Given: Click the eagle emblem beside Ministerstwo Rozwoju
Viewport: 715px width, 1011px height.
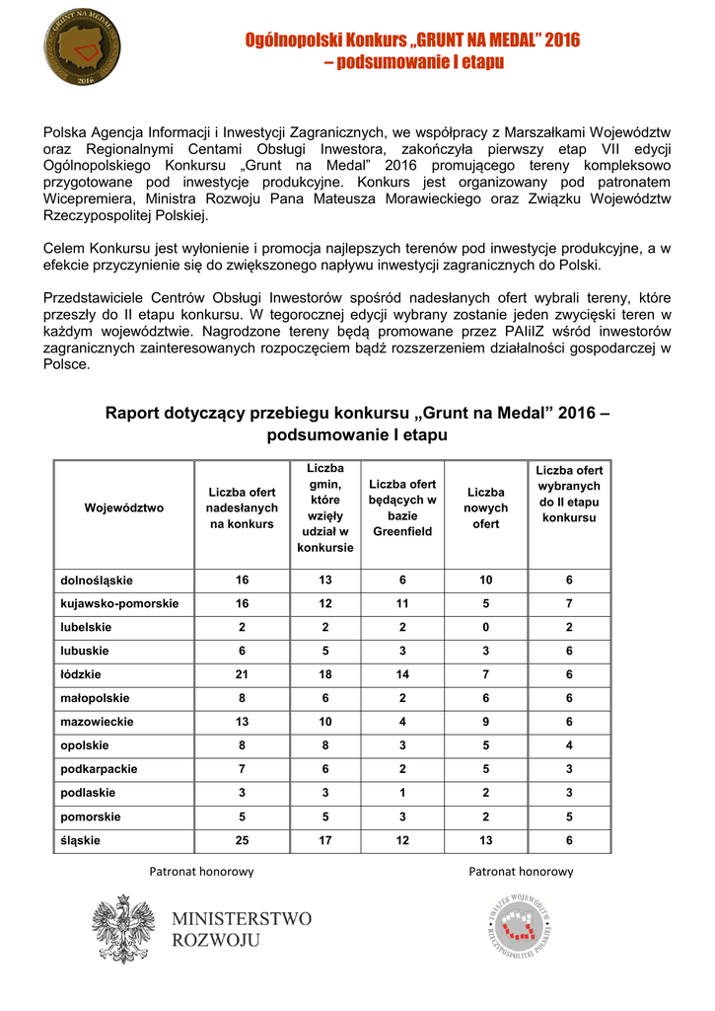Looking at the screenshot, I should [123, 928].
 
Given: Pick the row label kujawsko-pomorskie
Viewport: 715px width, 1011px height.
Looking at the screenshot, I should [119, 603].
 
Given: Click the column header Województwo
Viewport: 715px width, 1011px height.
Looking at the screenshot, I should [124, 507].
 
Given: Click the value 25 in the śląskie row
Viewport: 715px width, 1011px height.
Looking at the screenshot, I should [242, 840].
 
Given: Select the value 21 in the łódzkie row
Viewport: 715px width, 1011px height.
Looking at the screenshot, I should [242, 674].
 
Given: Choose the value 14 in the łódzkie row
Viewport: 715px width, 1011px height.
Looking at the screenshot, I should [402, 674].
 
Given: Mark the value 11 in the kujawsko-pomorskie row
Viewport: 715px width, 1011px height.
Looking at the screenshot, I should [402, 603].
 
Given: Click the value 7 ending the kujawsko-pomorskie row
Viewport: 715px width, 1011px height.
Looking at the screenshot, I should [569, 603].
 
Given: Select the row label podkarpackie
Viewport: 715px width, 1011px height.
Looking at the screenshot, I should [100, 769].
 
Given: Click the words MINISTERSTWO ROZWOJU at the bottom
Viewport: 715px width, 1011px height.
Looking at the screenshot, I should [242, 929].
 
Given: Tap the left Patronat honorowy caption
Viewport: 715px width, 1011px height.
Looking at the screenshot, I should [201, 872].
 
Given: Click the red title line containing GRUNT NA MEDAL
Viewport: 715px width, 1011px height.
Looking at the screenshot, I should [413, 40].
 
